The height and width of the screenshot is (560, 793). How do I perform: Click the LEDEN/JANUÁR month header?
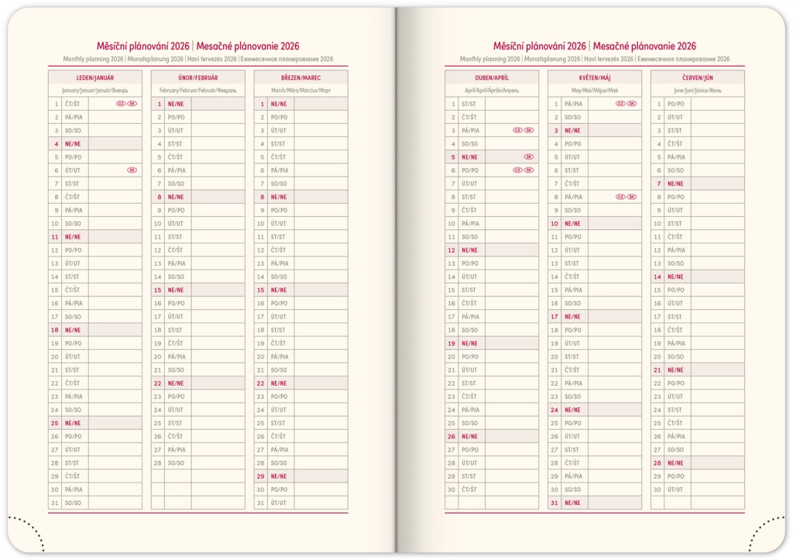[94, 77]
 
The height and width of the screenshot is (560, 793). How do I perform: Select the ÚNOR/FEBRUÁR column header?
[197, 77]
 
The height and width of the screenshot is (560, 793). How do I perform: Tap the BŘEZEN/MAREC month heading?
[300, 77]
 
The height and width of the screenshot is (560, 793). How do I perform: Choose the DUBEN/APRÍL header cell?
[491, 77]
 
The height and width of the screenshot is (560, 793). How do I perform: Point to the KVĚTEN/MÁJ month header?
[594, 77]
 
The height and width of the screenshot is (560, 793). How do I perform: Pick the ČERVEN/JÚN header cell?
[697, 77]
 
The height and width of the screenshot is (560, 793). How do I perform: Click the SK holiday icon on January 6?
[132, 170]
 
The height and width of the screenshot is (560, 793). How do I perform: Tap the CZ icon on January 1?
[121, 104]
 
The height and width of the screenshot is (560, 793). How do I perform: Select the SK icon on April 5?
[528, 156]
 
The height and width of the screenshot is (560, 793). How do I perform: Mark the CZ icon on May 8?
[620, 197]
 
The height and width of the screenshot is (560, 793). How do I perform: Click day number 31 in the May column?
[554, 503]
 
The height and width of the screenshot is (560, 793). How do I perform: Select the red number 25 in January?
[54, 423]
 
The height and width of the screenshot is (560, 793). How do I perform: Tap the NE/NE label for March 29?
[278, 476]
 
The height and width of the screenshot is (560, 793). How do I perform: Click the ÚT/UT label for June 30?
[675, 490]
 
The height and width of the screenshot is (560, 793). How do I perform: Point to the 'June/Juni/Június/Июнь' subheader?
[697, 91]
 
